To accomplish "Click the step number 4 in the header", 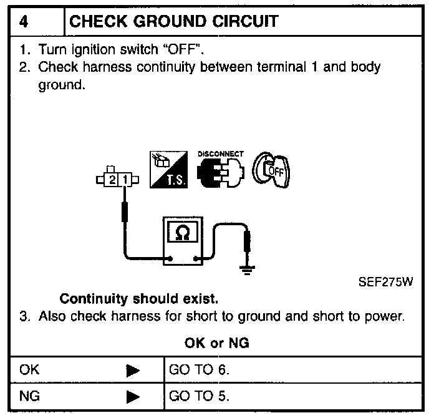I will pyautogui.click(x=24, y=22).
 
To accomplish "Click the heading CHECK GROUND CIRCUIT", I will pyautogui.click(x=175, y=22).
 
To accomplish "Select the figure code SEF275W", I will pyautogui.click(x=385, y=281).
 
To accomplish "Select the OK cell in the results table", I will pyautogui.click(x=30, y=369).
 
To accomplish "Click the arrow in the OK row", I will pyautogui.click(x=132, y=371).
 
